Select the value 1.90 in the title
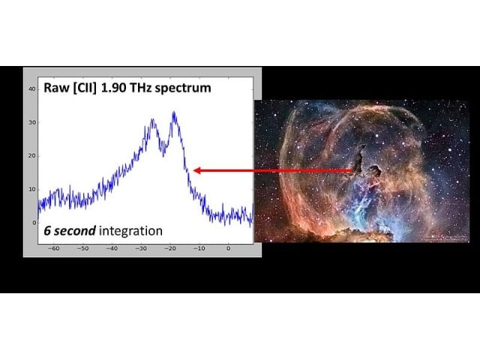click(113, 88)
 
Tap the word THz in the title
click(140, 88)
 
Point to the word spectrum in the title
click(183, 88)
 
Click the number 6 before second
click(47, 231)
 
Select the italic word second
click(75, 231)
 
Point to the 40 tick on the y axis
click(32, 88)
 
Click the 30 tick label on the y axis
click(32, 122)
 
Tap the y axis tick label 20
click(32, 156)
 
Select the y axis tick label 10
click(32, 190)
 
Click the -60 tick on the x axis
click(53, 248)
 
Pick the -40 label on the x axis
click(112, 248)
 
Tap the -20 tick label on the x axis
click(170, 248)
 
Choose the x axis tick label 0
click(228, 248)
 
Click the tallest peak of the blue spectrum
click(174, 112)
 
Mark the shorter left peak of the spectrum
click(152, 120)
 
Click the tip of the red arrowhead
click(193, 170)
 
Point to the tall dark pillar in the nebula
click(358, 158)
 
